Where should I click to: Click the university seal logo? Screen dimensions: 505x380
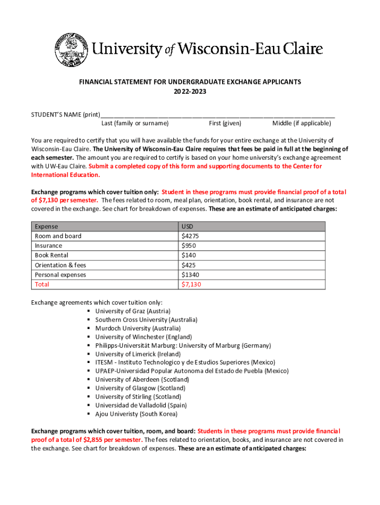click(x=70, y=50)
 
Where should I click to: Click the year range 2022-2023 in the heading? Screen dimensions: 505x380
click(x=190, y=92)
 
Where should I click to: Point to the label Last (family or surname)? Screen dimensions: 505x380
click(x=135, y=123)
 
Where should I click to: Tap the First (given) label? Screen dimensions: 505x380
click(x=225, y=123)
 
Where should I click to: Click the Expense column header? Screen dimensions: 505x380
click(x=46, y=226)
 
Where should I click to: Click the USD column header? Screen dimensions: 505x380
click(x=188, y=226)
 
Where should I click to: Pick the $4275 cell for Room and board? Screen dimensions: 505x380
click(x=190, y=236)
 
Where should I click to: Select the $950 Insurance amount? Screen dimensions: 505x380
click(x=189, y=246)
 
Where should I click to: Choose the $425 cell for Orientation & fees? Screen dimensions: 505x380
click(x=189, y=265)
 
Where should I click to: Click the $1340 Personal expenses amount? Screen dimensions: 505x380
click(x=190, y=275)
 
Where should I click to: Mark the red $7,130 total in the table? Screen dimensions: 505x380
click(x=191, y=285)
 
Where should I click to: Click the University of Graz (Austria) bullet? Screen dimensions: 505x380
click(x=133, y=311)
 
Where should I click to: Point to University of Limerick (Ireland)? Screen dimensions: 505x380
click(x=138, y=354)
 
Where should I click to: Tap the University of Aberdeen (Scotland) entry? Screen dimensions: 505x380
click(x=142, y=380)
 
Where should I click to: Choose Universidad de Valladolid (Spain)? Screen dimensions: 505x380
click(x=141, y=405)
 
